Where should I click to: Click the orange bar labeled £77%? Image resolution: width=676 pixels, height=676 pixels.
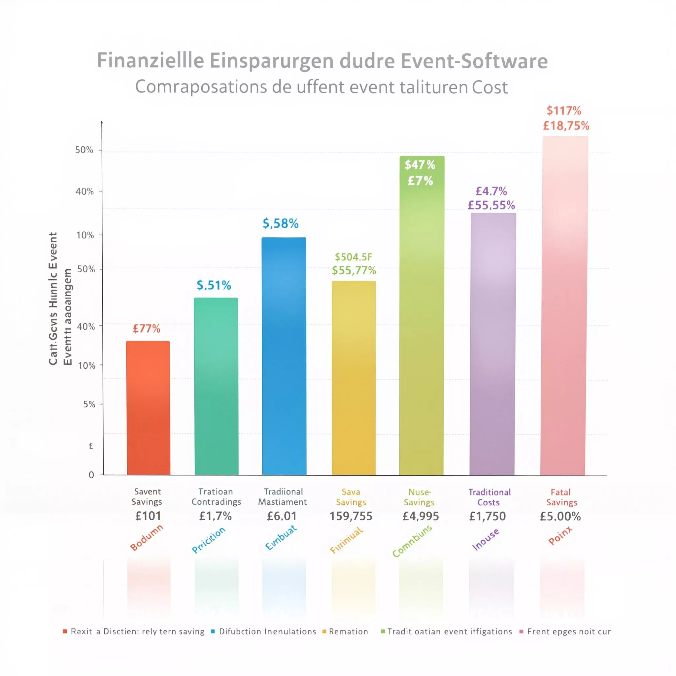click(x=148, y=408)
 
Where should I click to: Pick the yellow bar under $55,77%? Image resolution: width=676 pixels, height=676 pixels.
click(x=354, y=378)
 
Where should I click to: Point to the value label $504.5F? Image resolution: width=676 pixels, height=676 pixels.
click(x=354, y=257)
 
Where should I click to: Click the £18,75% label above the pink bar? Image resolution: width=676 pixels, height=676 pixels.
click(x=566, y=126)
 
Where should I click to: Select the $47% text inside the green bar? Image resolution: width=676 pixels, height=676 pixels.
click(x=420, y=165)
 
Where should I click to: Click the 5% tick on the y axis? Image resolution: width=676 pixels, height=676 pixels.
click(x=89, y=404)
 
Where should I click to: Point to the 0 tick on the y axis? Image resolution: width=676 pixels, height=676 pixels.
click(x=91, y=475)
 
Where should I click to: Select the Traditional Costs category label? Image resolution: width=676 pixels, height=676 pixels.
click(x=489, y=497)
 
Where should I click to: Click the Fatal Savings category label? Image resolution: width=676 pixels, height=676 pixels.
click(x=561, y=497)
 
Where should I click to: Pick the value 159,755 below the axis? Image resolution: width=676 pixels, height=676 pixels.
click(x=351, y=516)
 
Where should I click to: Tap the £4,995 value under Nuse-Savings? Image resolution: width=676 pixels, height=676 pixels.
click(x=421, y=516)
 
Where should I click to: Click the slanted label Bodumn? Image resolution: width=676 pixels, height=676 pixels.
click(x=147, y=537)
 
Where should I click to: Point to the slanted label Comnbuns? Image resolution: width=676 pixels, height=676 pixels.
click(x=412, y=541)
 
